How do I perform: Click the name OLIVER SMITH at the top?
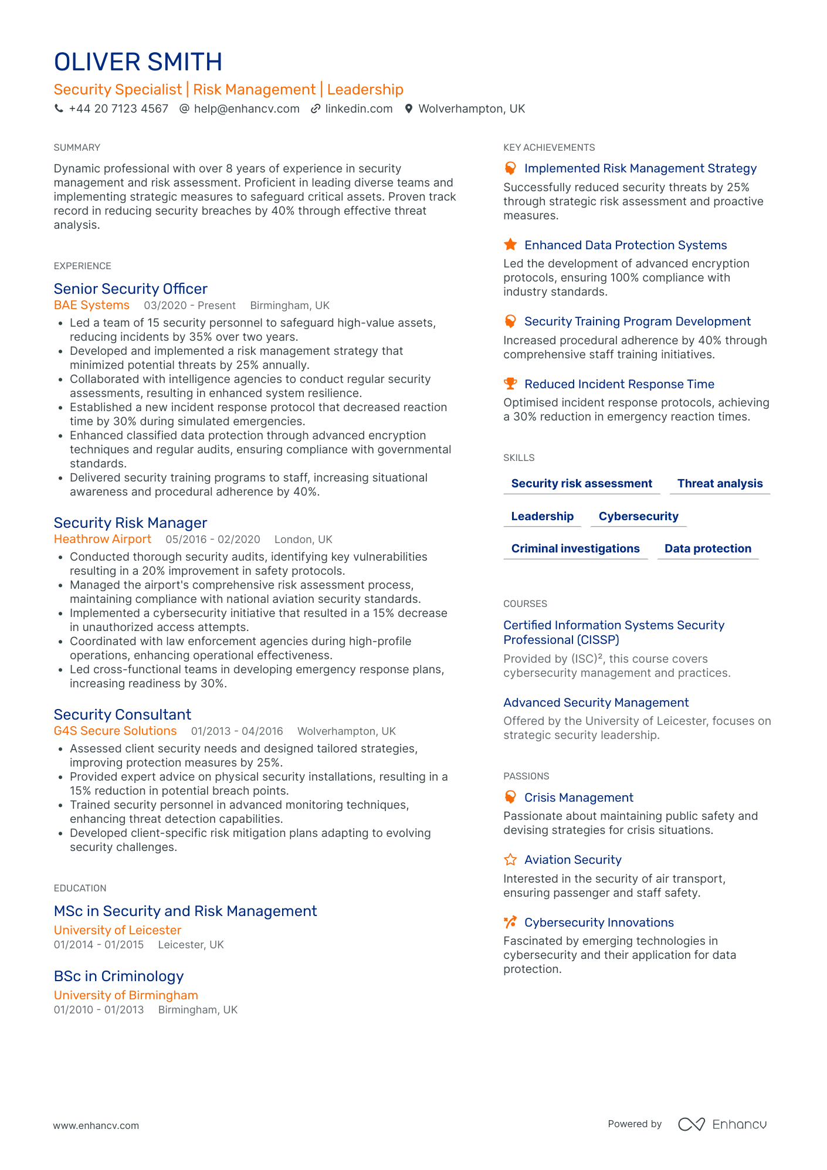[x=138, y=62]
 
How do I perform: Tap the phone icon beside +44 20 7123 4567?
[x=59, y=108]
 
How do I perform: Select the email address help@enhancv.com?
[x=246, y=108]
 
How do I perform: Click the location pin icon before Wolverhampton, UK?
[x=409, y=108]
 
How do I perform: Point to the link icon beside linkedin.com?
[x=316, y=108]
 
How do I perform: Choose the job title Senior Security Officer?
[x=130, y=289]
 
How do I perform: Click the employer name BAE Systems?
[x=91, y=305]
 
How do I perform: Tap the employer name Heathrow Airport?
[x=102, y=539]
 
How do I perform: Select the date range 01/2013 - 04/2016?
[x=237, y=731]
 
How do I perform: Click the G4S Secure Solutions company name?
[x=115, y=731]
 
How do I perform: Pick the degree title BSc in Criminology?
[x=118, y=976]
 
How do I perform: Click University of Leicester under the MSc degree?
[x=117, y=930]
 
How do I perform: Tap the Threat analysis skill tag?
[x=720, y=483]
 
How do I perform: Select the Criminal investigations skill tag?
[x=575, y=548]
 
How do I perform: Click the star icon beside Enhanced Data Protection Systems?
[x=510, y=245]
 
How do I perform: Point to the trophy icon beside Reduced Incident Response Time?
[x=510, y=384]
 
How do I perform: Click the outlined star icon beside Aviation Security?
[x=510, y=860]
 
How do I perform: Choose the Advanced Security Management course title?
[x=596, y=703]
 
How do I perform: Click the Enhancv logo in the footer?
[x=722, y=1124]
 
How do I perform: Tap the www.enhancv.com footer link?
[x=96, y=1125]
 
